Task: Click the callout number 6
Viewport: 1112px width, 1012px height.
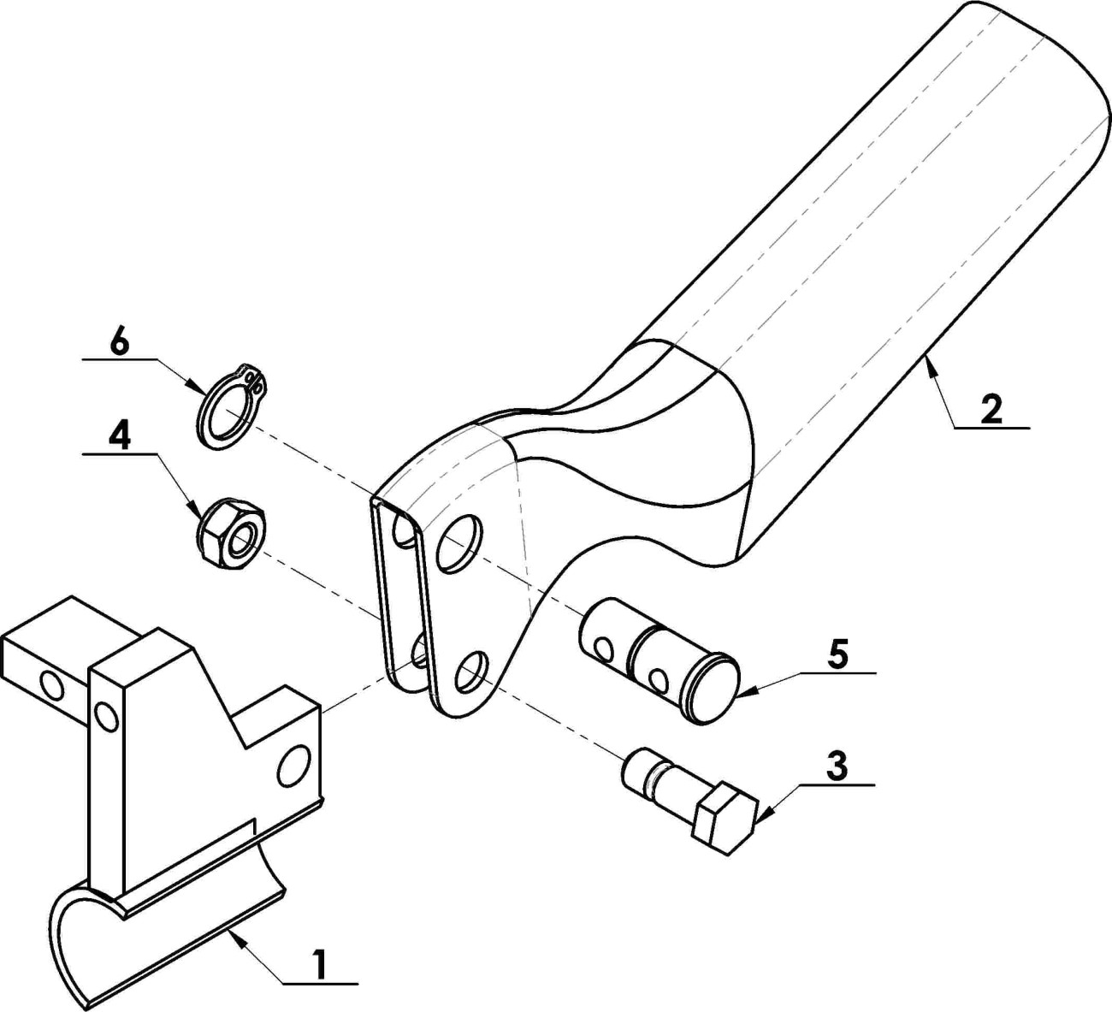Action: tap(120, 344)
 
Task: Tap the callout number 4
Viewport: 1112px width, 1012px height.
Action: tap(120, 437)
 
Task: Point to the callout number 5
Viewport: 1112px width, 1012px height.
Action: tap(838, 654)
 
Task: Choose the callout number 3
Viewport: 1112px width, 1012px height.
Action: tap(837, 766)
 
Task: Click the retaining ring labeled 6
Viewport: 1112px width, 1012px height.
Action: tap(231, 406)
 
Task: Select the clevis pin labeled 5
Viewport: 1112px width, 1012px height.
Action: tap(659, 660)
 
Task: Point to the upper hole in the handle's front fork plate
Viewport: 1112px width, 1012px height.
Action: tap(459, 544)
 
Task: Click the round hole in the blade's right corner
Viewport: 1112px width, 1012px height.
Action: tap(293, 766)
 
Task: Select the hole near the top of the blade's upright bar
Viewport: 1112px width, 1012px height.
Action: tap(106, 716)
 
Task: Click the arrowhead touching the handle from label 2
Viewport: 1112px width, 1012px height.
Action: tap(931, 367)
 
